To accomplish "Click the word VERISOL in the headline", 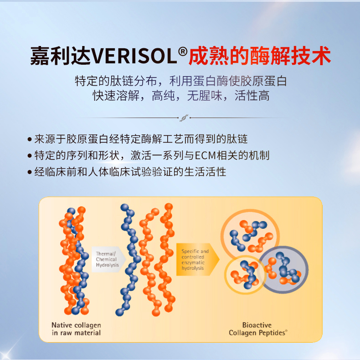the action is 134,56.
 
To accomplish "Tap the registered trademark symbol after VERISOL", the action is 183,51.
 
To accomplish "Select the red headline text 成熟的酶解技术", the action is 260,56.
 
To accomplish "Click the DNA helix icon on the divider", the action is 184,118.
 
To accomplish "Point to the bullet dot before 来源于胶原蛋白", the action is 29,139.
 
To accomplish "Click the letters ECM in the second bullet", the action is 206,156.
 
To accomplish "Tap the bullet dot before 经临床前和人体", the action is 29,172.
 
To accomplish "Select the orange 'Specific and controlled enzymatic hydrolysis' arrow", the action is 198,259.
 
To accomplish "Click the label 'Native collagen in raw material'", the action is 76,329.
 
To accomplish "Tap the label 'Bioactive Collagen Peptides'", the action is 258,329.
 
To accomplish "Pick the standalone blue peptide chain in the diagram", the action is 129,259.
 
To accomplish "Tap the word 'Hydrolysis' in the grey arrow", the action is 107,265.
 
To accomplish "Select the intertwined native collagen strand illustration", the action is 74,260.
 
